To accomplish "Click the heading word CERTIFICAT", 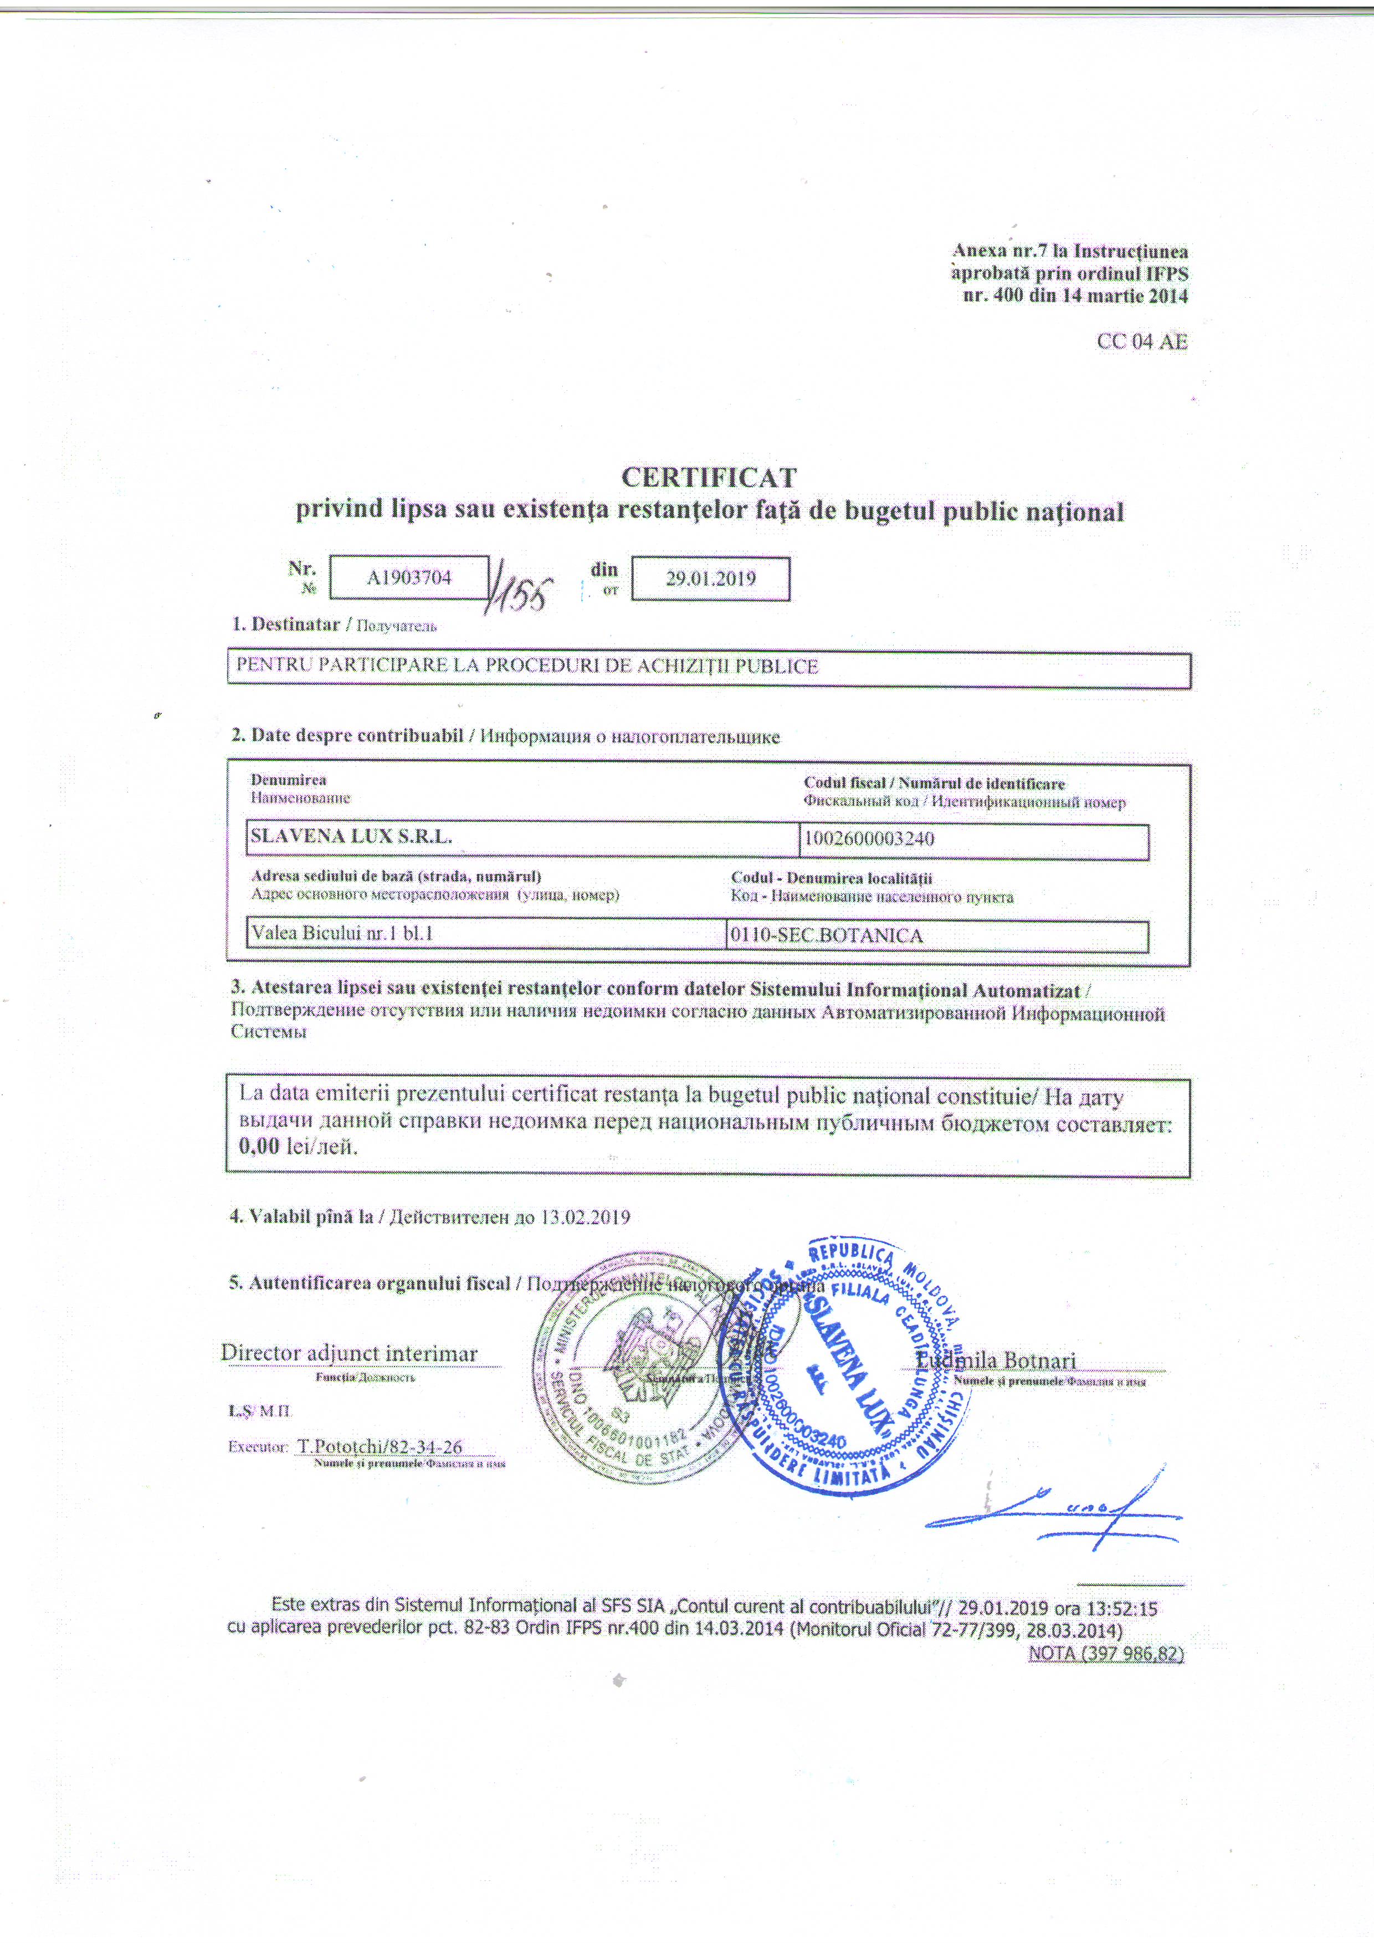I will [x=709, y=478].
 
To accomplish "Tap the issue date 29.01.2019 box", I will [x=710, y=579].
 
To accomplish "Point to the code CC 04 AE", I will [x=1142, y=341].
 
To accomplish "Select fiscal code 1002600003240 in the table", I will [x=869, y=839].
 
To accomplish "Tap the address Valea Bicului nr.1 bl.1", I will [x=342, y=933].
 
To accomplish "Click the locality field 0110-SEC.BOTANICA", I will [x=826, y=935].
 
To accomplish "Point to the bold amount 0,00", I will [x=258, y=1147].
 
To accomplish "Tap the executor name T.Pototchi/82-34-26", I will [x=380, y=1446].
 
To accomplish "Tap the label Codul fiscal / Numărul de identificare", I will [x=934, y=783].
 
